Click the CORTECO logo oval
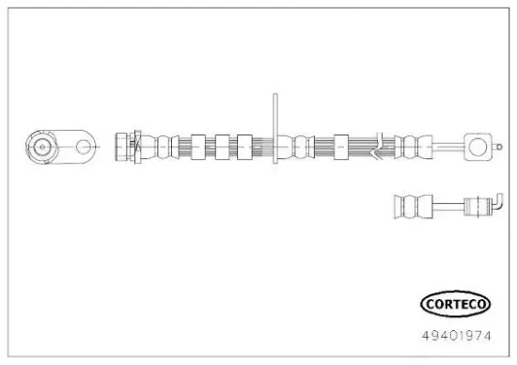click(x=455, y=304)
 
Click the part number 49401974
click(x=456, y=336)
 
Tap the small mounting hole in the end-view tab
click(x=83, y=147)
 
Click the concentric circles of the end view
click(x=42, y=147)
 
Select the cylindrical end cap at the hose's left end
click(x=121, y=147)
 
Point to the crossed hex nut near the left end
click(x=135, y=147)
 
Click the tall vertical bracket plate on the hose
click(x=275, y=128)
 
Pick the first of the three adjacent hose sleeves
click(x=198, y=147)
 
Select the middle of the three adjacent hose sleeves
click(x=222, y=147)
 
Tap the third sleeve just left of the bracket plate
click(x=244, y=147)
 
